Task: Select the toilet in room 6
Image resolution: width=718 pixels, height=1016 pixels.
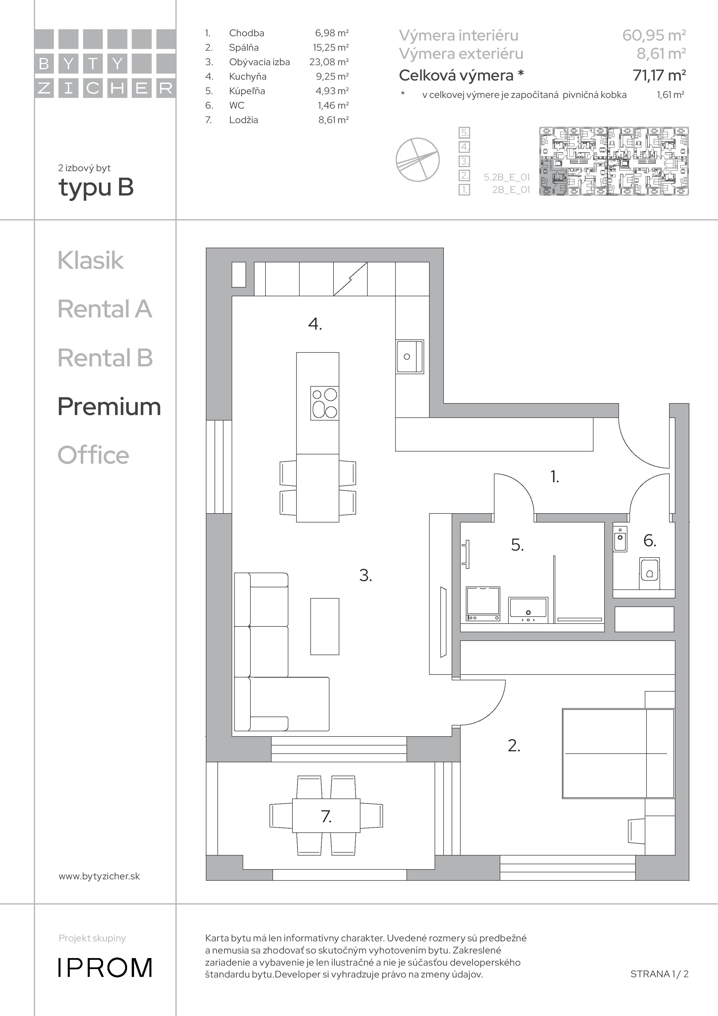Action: click(649, 573)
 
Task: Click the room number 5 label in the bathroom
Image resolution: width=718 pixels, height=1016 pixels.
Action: click(517, 545)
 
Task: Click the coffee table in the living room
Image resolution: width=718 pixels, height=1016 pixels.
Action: click(325, 626)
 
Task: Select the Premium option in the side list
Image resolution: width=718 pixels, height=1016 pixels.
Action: click(109, 406)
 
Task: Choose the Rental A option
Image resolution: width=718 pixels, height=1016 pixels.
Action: click(105, 309)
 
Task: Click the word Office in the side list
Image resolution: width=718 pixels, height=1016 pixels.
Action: click(93, 455)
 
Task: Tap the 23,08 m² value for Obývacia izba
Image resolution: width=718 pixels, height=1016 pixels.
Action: click(329, 62)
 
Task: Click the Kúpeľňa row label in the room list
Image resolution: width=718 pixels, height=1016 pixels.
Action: click(247, 91)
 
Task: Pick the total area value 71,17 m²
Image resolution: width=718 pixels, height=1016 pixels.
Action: click(660, 75)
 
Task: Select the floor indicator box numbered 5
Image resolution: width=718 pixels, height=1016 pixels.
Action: click(464, 132)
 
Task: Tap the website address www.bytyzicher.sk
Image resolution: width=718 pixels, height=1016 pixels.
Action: click(99, 876)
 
